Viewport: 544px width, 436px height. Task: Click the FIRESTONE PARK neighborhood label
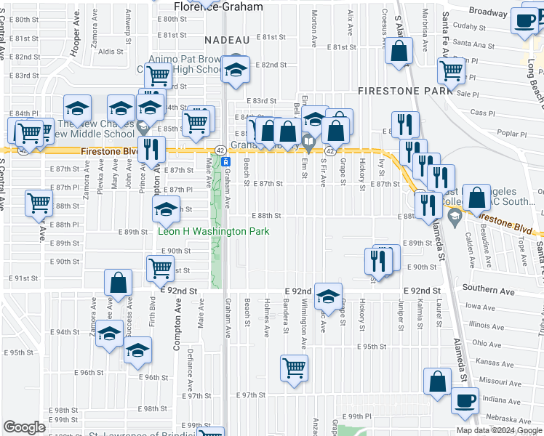tap(404, 92)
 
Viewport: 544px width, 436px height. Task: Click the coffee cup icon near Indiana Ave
tap(465, 400)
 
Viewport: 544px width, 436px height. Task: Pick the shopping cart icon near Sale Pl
tap(451, 70)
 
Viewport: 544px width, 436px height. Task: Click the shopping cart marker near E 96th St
tap(294, 368)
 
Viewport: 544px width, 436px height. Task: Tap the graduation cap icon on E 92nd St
tap(328, 295)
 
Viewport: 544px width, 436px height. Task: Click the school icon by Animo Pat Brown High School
tap(236, 70)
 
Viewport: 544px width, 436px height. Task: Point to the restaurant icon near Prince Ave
tap(151, 148)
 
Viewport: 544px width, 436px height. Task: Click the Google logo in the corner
tap(24, 427)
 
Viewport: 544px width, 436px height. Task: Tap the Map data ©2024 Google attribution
tap(499, 430)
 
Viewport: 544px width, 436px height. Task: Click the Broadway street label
tap(487, 12)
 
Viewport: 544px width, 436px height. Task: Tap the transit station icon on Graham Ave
tap(225, 161)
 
